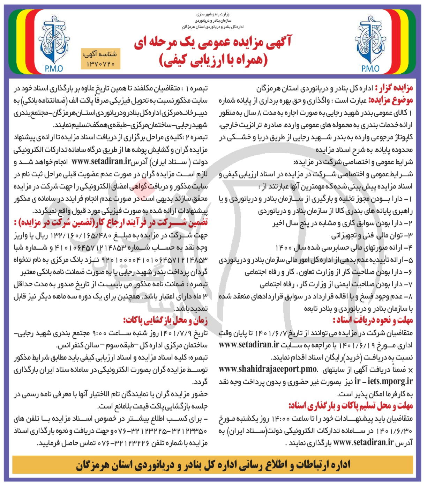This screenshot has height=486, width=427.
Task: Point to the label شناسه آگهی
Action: coord(100,55)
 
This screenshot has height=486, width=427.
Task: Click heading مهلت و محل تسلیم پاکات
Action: coord(351,406)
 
